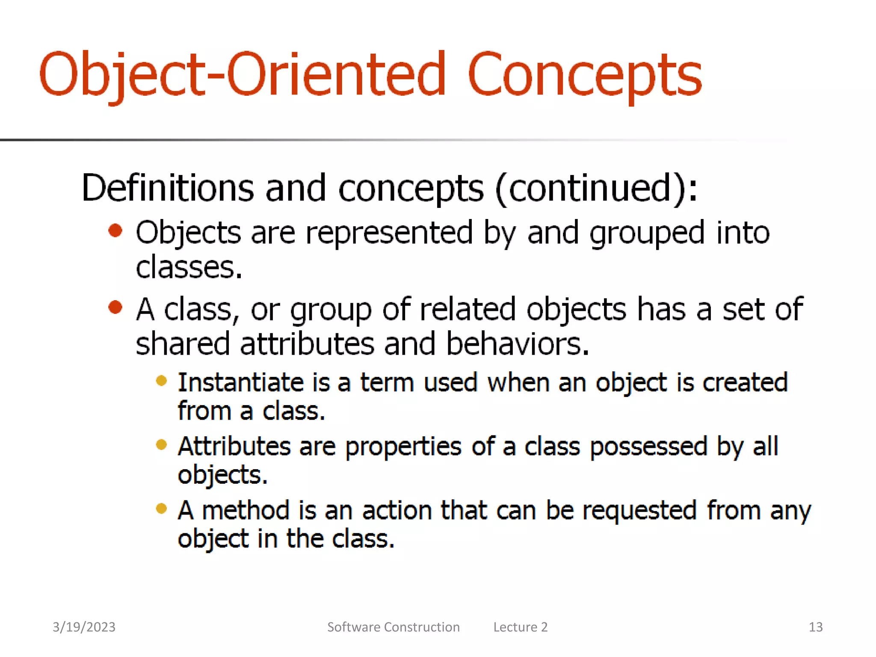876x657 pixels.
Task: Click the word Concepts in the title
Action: click(584, 75)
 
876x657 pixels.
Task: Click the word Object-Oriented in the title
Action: click(242, 75)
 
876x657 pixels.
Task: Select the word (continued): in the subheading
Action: click(596, 188)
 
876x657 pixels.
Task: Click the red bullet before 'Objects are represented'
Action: click(115, 231)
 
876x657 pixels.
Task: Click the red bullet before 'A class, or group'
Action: click(115, 307)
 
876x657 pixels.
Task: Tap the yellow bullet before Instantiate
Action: click(161, 380)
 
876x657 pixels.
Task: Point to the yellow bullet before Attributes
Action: click(161, 444)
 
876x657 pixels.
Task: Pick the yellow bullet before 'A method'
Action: click(161, 508)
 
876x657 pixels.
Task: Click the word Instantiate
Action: click(240, 382)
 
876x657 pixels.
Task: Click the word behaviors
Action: click(517, 344)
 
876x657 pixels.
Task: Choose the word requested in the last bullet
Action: click(639, 511)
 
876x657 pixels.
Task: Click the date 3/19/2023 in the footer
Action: click(84, 627)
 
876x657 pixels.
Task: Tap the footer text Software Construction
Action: click(393, 627)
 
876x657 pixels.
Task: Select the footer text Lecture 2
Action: click(520, 627)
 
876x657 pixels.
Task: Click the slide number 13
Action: click(815, 627)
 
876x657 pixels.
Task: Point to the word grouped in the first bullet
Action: click(647, 233)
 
